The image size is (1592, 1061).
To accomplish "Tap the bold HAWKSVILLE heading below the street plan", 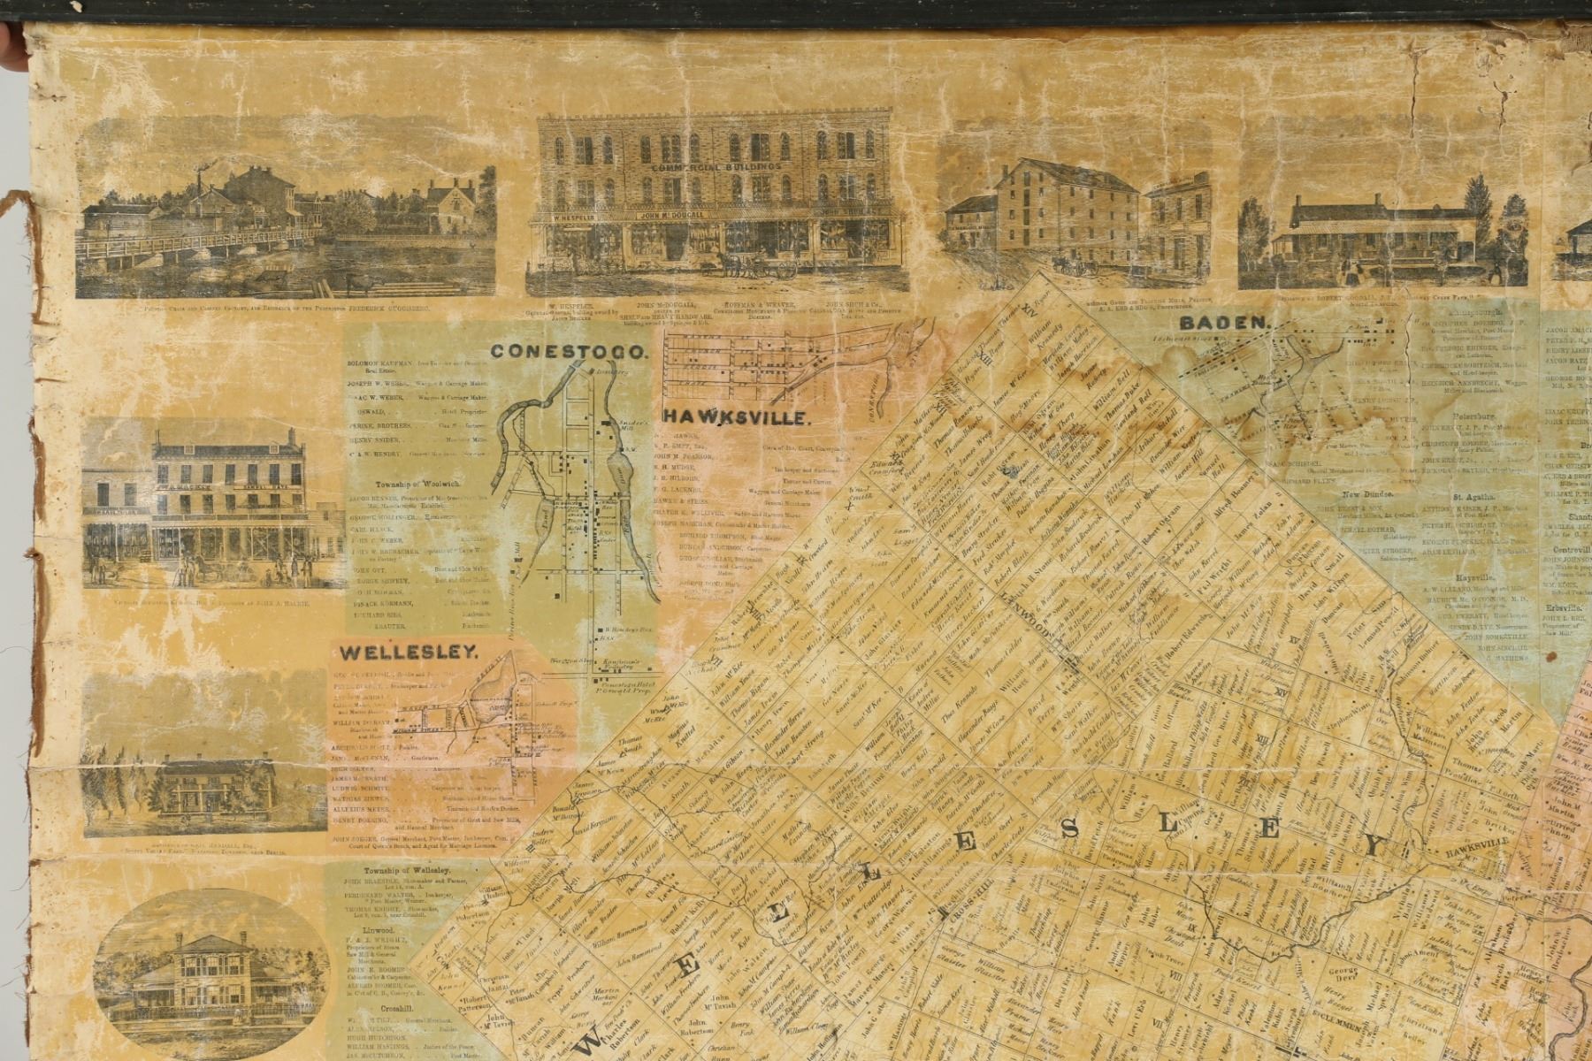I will [736, 418].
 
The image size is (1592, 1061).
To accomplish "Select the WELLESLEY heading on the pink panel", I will [408, 653].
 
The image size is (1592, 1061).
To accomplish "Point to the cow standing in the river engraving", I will [357, 283].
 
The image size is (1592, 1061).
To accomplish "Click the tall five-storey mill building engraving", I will [1066, 212].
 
